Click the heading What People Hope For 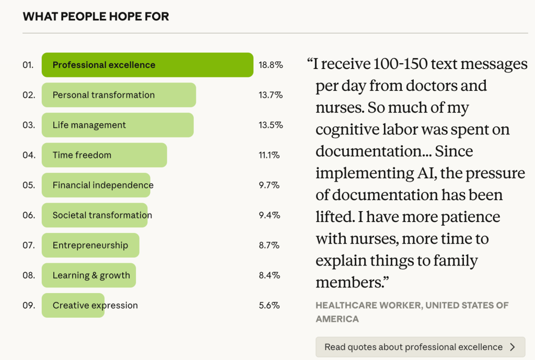pyautogui.click(x=96, y=16)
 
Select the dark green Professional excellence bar pyautogui.click(x=147, y=65)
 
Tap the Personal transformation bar pyautogui.click(x=119, y=95)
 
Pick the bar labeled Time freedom pyautogui.click(x=104, y=155)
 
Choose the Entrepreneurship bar pyautogui.click(x=90, y=245)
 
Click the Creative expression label pyautogui.click(x=95, y=305)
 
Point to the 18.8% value pyautogui.click(x=271, y=65)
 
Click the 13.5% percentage pyautogui.click(x=271, y=125)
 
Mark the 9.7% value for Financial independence pyautogui.click(x=270, y=185)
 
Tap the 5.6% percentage pyautogui.click(x=270, y=305)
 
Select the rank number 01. pyautogui.click(x=28, y=65)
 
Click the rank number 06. pyautogui.click(x=28, y=215)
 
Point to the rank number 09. pyautogui.click(x=28, y=305)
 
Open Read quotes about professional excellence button pyautogui.click(x=420, y=347)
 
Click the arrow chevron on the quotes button pyautogui.click(x=512, y=347)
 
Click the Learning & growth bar pyautogui.click(x=89, y=275)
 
